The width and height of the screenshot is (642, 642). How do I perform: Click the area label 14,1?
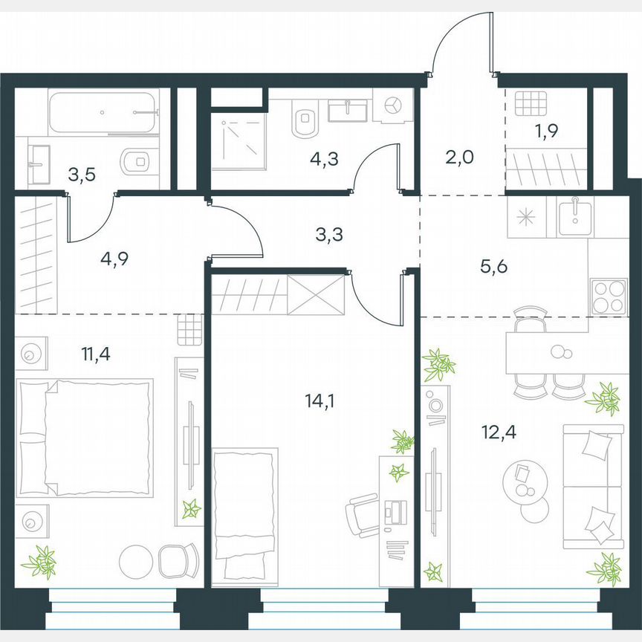click(x=319, y=402)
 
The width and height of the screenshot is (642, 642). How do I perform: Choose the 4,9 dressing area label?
click(x=114, y=260)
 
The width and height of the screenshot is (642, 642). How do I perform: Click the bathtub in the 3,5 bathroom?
click(x=103, y=112)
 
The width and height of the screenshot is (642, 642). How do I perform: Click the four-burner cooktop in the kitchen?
click(x=607, y=296)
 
